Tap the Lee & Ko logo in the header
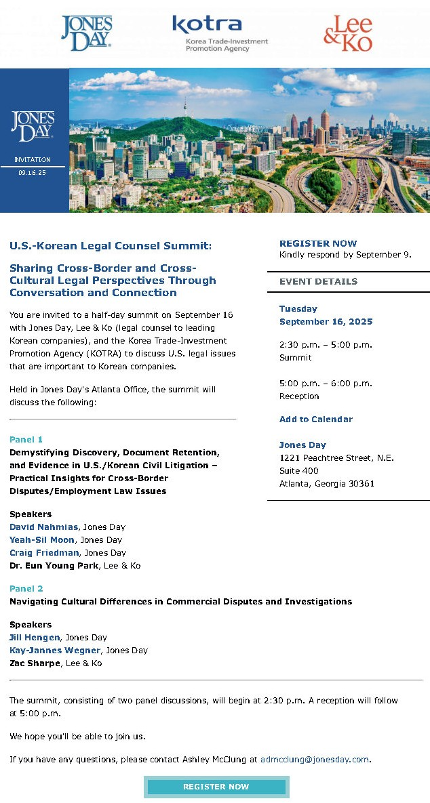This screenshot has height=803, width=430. point(348,33)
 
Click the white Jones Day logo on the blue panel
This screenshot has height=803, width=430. point(33,127)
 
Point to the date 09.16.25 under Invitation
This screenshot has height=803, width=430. point(33,173)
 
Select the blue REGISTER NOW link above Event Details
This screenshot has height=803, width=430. point(318,243)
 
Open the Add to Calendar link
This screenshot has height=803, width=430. point(316,419)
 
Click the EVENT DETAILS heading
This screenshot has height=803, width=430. point(318,282)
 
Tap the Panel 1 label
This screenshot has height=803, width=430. point(26,440)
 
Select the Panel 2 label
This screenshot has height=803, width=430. point(26,589)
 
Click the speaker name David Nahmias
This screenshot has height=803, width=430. point(43,527)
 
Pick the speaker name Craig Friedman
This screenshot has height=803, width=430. point(44,553)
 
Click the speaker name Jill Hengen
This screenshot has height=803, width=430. point(35,638)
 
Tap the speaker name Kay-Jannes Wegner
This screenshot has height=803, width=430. point(55,651)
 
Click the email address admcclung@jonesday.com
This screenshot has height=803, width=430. point(315,760)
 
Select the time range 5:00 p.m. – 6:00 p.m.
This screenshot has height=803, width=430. point(326,384)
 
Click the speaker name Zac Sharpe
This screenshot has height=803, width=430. point(34,663)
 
